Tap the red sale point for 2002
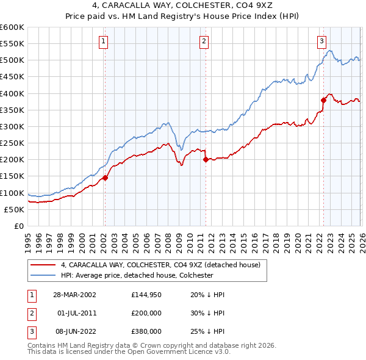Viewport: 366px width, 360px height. coord(105,178)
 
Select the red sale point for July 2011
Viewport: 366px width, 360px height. coord(206,160)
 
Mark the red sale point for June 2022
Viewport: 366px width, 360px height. coord(323,100)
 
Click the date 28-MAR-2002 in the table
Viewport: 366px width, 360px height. coord(74,294)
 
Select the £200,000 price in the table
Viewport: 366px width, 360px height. coord(146,312)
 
